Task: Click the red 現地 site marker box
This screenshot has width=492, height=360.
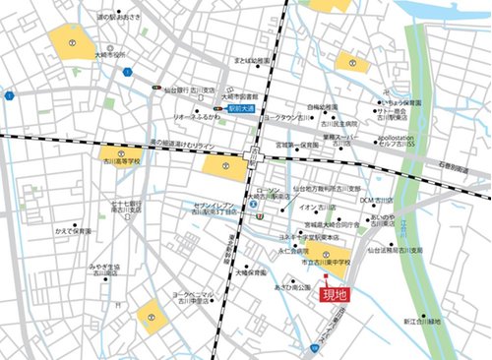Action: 336,294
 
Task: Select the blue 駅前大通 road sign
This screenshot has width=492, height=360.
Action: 240,108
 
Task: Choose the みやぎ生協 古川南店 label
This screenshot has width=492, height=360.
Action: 104,270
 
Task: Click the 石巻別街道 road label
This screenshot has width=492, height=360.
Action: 458,168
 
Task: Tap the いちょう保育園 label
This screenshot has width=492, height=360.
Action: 403,101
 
